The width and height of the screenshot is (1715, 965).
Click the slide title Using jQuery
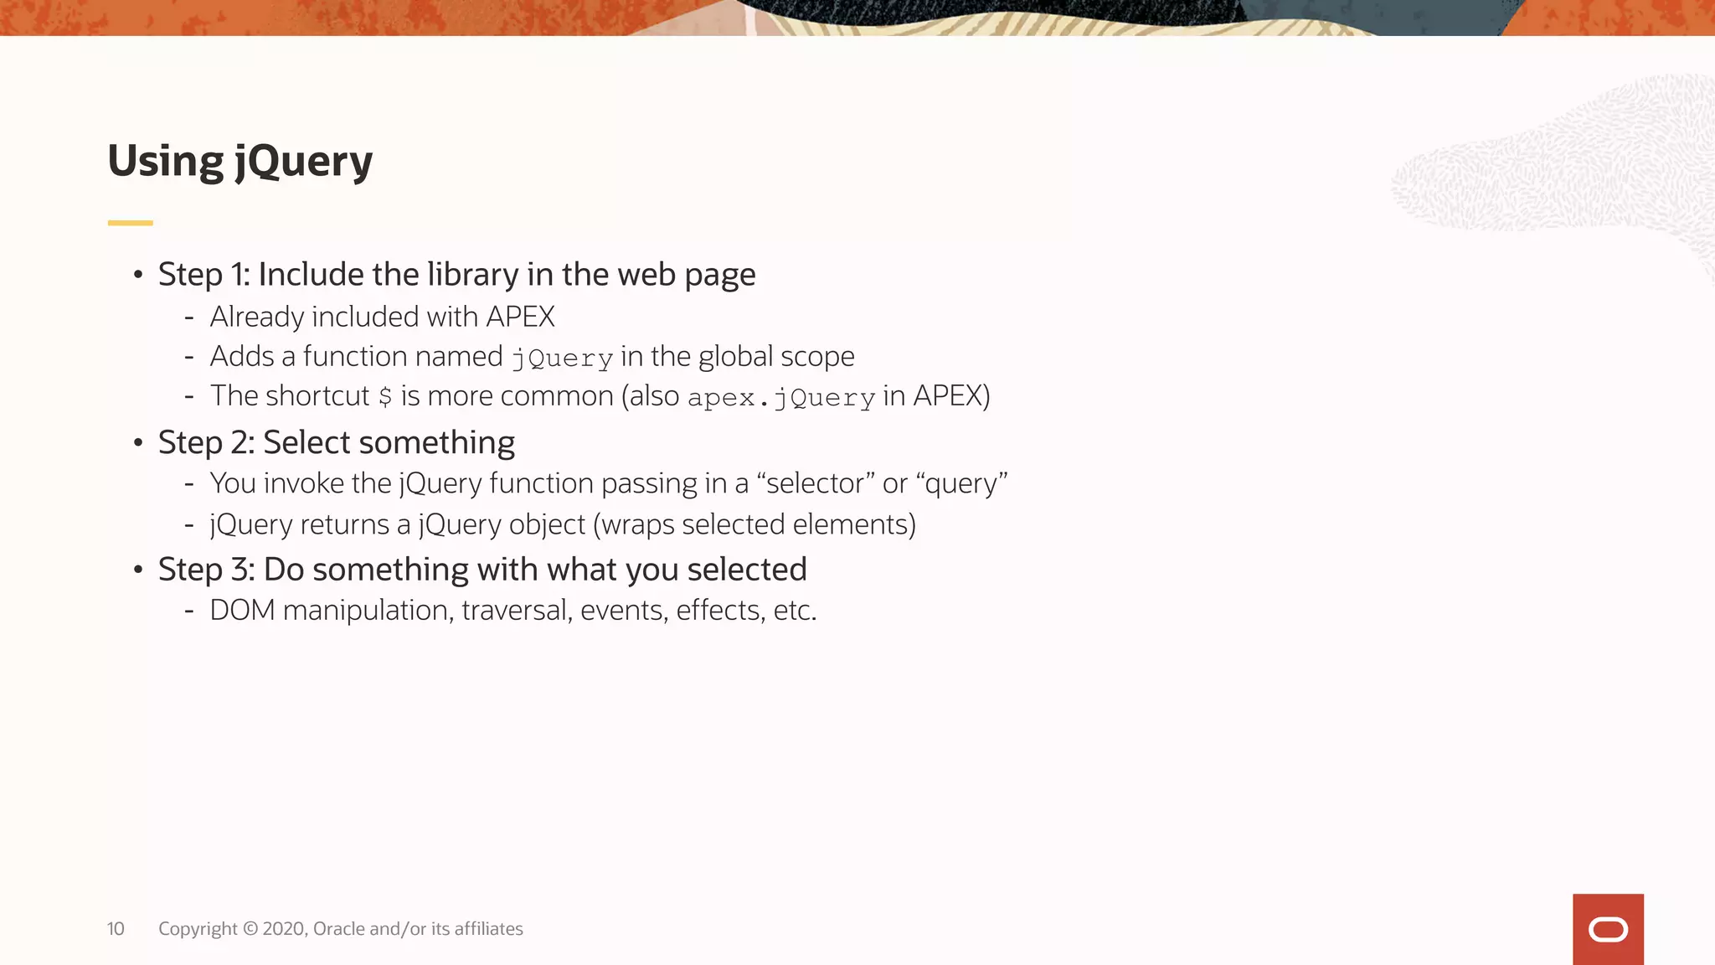[239, 161]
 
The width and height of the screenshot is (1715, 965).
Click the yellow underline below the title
[130, 223]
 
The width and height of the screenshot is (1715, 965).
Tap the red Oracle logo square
[1607, 929]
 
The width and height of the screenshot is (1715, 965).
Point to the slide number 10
[116, 929]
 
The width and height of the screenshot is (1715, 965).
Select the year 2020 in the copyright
[284, 929]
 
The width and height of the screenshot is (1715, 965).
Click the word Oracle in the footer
[338, 929]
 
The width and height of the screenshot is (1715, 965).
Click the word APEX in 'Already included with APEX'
[520, 317]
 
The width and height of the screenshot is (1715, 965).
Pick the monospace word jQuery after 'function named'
[562, 359]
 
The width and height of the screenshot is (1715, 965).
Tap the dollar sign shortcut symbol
[385, 396]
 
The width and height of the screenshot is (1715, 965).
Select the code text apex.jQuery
[780, 398]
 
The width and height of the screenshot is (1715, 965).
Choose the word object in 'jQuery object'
[546, 524]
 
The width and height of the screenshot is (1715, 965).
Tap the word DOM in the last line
[242, 610]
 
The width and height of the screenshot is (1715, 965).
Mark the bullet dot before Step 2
[138, 442]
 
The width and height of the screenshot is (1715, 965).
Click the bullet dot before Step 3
[138, 570]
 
